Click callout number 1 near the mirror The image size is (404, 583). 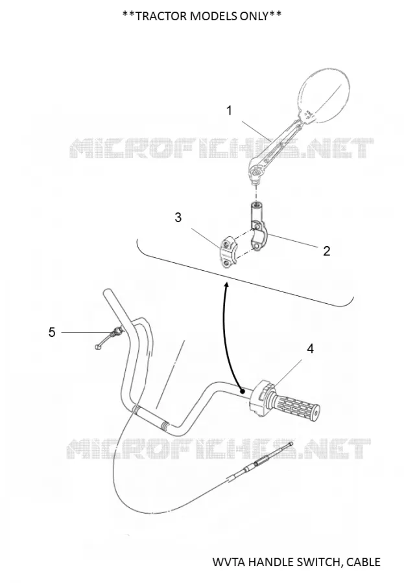tap(230, 110)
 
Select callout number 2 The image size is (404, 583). tap(327, 251)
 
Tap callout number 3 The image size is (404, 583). tap(178, 217)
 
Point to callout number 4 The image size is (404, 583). tap(310, 349)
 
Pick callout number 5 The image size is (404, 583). tap(52, 332)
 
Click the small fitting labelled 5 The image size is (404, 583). tap(109, 338)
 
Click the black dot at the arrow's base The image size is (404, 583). tap(243, 391)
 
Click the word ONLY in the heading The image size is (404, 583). tap(252, 16)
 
